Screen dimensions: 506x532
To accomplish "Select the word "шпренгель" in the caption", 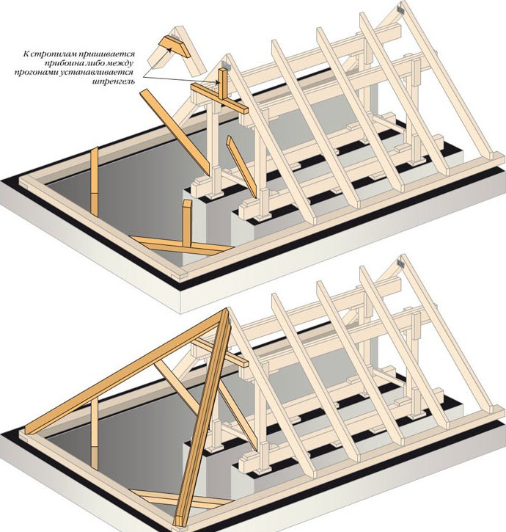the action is point(113,81).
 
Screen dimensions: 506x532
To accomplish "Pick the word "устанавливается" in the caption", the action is point(98,72).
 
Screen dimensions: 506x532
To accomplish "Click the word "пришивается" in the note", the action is point(107,54).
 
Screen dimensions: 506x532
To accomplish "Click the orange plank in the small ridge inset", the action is point(175,46).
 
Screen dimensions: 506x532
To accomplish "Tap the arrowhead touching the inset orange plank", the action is point(169,50).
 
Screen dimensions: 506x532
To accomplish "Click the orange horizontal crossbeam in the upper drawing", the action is point(219,98).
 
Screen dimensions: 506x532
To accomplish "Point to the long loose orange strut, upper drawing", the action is point(175,132).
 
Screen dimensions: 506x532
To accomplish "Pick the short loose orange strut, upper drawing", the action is point(241,167).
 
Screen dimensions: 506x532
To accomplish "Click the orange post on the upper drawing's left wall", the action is point(95,181).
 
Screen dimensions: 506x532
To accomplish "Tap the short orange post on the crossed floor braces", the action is point(187,223).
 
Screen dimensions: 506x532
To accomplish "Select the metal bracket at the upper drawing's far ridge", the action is point(401,10).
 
